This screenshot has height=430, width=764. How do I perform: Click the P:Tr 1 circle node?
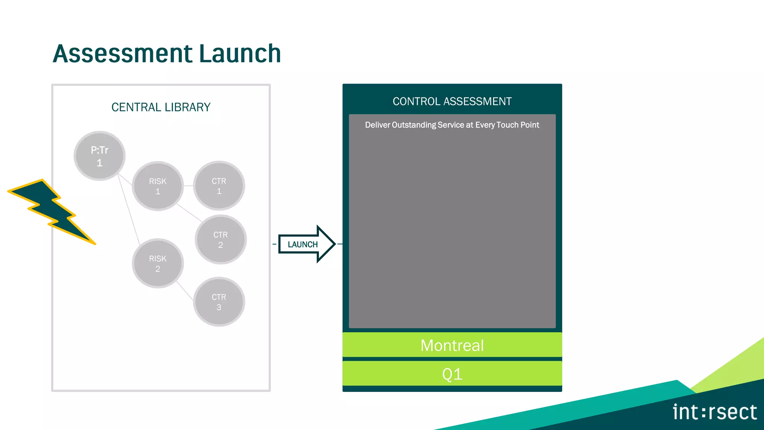(99, 156)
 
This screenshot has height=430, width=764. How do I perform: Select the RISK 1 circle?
(157, 186)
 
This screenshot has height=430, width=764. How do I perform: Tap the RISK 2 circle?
(157, 263)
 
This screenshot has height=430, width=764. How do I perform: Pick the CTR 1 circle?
(219, 186)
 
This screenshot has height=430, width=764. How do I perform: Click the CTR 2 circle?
(220, 240)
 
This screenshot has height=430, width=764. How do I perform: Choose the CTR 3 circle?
(219, 302)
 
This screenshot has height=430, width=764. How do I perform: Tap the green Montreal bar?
(452, 345)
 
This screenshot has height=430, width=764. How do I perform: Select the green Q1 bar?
(452, 374)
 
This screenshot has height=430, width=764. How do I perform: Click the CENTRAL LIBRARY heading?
(161, 107)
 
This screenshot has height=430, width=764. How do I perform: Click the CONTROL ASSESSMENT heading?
(452, 101)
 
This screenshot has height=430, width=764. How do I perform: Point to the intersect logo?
(714, 412)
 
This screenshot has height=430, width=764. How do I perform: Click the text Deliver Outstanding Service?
(452, 125)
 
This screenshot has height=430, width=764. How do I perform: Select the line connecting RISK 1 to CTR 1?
(188, 186)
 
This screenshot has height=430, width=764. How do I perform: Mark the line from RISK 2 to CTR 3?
(185, 291)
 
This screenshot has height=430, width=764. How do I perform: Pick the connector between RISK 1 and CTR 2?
(189, 213)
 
